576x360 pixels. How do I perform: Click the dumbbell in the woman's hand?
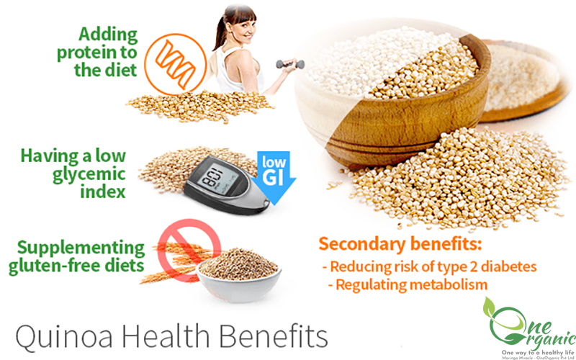[290, 64]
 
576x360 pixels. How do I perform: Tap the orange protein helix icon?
[175, 64]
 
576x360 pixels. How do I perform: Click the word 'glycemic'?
[89, 174]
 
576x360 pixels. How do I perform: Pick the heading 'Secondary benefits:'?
[400, 244]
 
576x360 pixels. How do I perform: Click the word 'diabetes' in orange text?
[509, 266]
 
